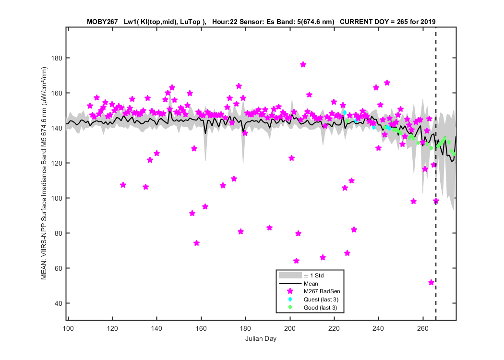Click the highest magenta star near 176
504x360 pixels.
[303, 65]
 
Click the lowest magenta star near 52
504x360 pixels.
[431, 283]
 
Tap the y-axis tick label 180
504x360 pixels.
[57, 58]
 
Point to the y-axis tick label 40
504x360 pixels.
[58, 303]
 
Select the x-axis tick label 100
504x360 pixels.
[68, 328]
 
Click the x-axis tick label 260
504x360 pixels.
[423, 328]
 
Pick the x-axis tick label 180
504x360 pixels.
[245, 328]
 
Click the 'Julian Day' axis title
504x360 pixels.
[261, 338]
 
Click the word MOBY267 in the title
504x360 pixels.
[102, 22]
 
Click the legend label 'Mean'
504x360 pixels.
[311, 284]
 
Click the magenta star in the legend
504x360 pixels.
[290, 291]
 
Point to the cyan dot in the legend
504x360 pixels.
[290, 299]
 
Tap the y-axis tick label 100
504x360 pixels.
[57, 198]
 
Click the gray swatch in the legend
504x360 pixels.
[290, 276]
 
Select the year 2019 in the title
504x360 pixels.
[428, 22]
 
